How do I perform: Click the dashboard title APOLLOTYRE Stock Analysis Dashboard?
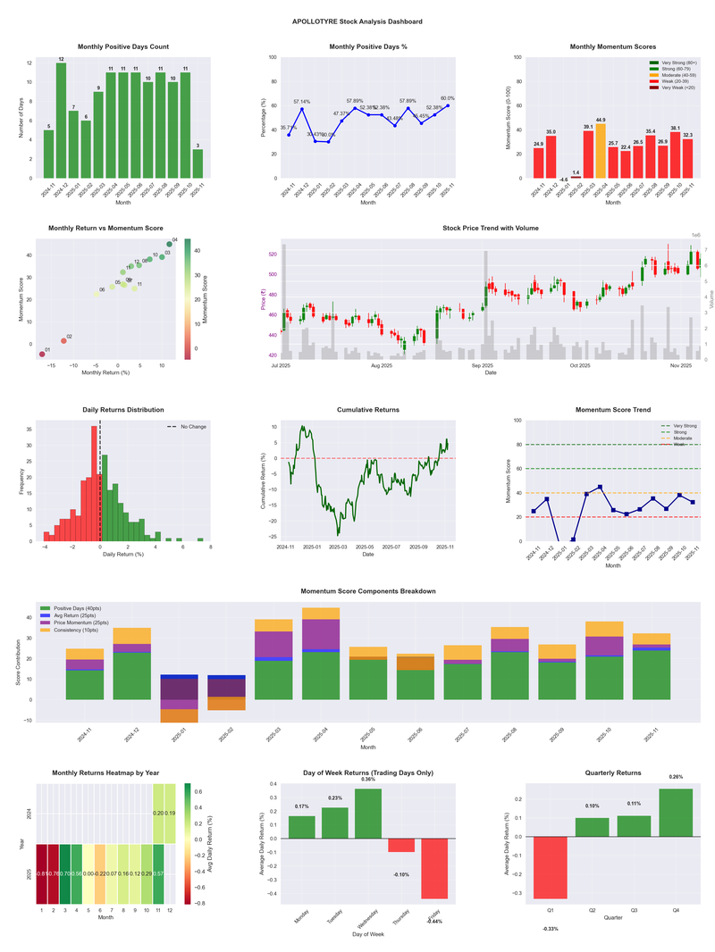pos(357,21)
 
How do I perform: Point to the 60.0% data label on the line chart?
pos(447,99)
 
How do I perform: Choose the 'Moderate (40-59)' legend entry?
pos(675,74)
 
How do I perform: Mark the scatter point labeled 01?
pos(41,355)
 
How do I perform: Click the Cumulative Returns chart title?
pos(367,410)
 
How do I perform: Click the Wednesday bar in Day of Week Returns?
pos(367,814)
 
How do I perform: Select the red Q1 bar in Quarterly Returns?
pos(550,867)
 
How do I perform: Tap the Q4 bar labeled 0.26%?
pos(676,814)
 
